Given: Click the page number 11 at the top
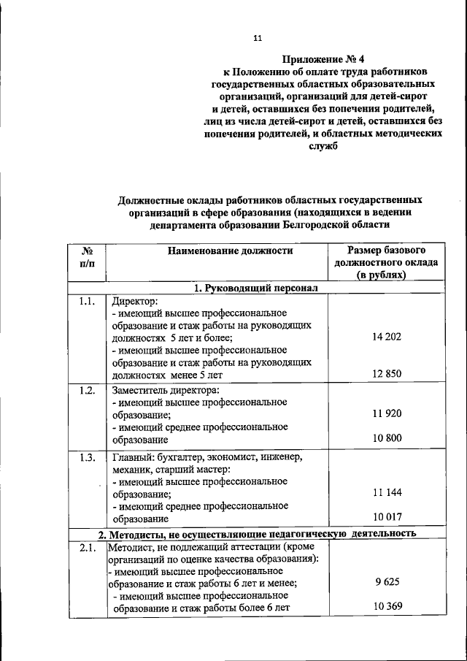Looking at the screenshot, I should click(x=256, y=37).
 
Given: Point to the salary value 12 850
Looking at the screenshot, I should click(x=387, y=374).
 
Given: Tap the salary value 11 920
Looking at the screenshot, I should click(x=387, y=413).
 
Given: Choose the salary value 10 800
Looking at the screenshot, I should click(x=387, y=440).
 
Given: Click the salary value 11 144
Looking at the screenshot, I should click(x=387, y=492).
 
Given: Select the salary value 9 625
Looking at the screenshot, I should click(x=387, y=582).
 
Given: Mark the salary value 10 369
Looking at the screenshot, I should click(x=387, y=607).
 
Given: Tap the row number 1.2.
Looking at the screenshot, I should click(x=87, y=390).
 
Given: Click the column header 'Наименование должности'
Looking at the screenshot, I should click(x=230, y=251).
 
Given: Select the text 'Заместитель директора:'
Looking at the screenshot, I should click(x=165, y=390).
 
